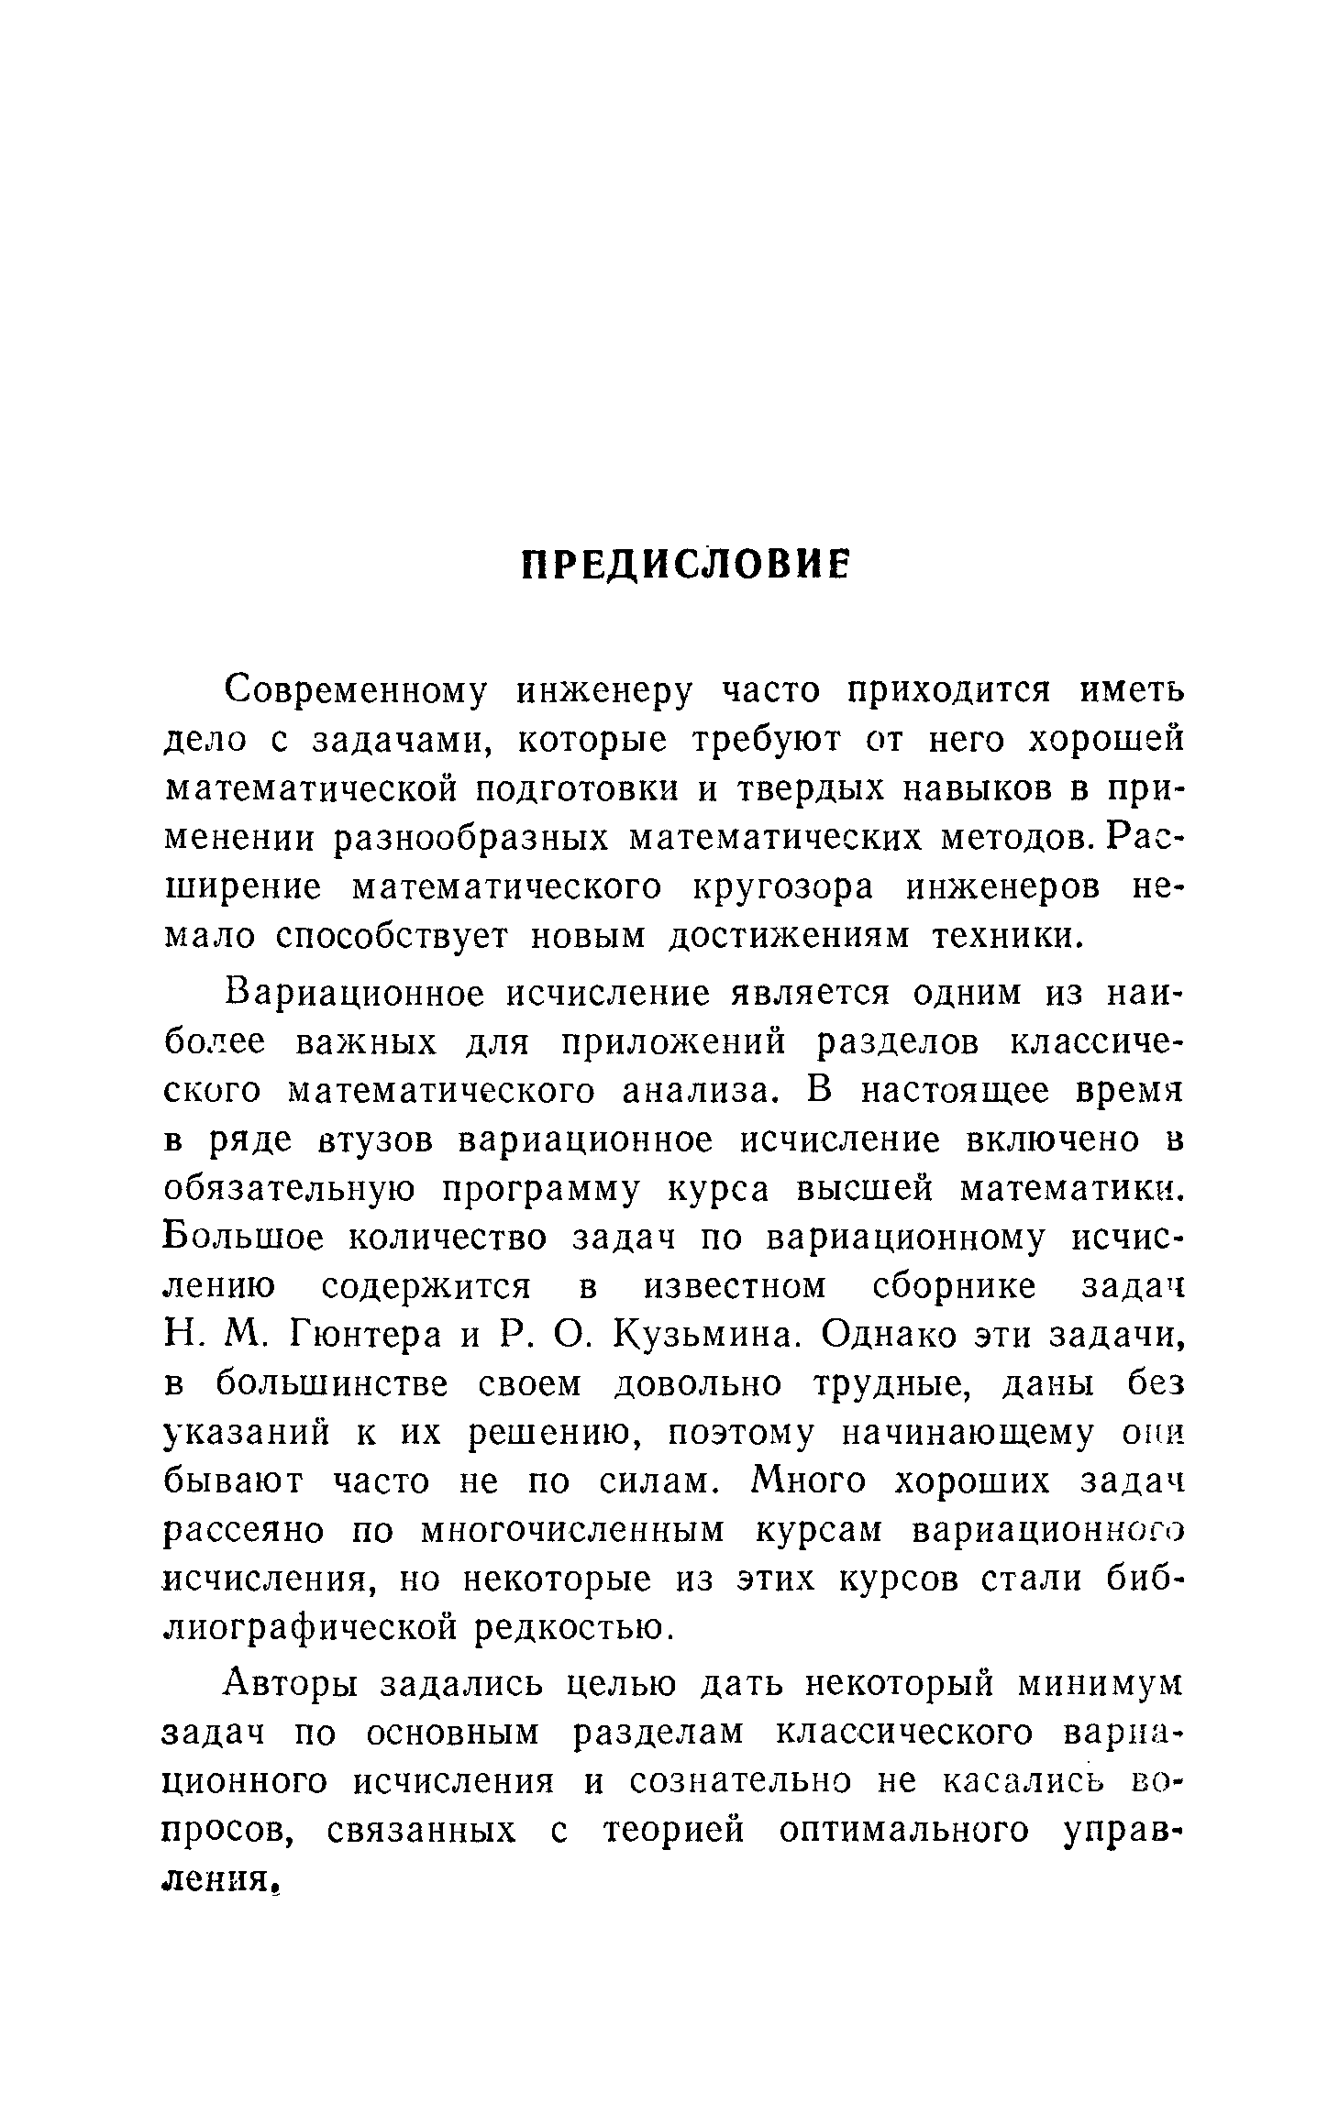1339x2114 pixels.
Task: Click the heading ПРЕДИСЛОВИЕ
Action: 685,566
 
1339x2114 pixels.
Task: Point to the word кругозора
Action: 780,886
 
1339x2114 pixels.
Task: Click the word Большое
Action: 243,1239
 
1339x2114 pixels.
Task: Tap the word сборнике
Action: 953,1287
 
